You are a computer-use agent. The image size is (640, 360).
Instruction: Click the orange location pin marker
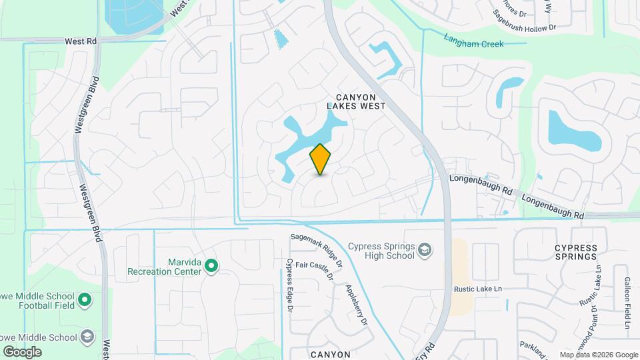[x=321, y=159]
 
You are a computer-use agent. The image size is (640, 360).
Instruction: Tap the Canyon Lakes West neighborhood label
[x=356, y=101]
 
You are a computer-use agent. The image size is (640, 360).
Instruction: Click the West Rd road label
[x=81, y=41]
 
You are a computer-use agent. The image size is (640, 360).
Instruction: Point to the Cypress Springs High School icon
[x=424, y=250]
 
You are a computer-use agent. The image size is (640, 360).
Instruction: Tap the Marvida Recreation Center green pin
[x=212, y=267]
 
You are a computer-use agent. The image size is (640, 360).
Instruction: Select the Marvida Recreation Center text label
[x=164, y=267]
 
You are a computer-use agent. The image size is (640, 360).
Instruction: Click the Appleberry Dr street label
[x=357, y=304]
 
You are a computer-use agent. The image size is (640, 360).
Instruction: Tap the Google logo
[x=21, y=351]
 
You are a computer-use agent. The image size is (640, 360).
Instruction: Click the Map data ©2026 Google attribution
[x=599, y=355]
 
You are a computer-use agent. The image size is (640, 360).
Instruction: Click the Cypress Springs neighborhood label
[x=575, y=252]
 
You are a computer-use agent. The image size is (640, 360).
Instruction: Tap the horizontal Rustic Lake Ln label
[x=477, y=289]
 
